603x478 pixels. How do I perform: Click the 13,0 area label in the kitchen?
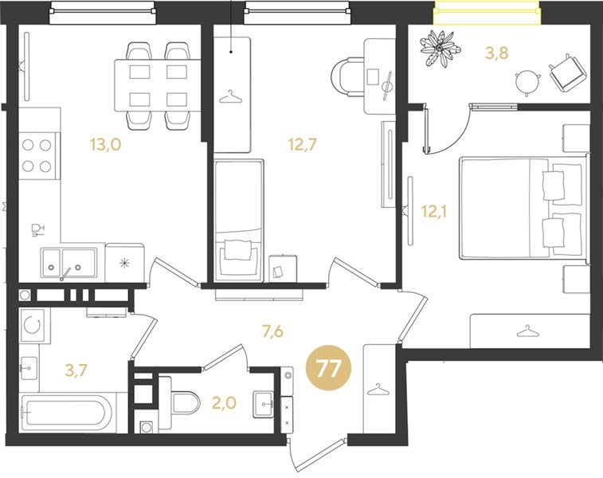106,144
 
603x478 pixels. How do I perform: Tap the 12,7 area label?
302,144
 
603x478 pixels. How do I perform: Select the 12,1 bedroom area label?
433,211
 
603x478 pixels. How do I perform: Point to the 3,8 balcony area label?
497,53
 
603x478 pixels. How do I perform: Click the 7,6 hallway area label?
272,331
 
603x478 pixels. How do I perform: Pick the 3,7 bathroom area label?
77,370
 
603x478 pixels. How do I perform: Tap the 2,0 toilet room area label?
224,403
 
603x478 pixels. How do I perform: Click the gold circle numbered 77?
328,369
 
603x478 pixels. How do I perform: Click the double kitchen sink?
69,263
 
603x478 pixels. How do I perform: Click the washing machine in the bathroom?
33,325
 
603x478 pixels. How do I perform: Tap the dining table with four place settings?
158,85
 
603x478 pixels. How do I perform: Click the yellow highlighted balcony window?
487,12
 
